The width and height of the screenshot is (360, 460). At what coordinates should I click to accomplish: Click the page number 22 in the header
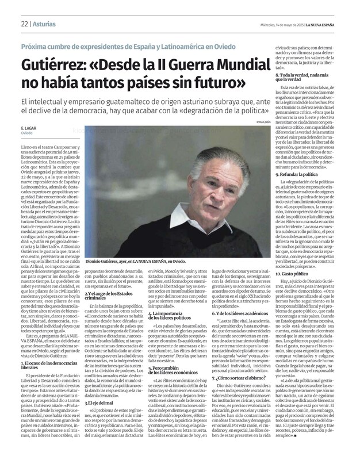(25, 8)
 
